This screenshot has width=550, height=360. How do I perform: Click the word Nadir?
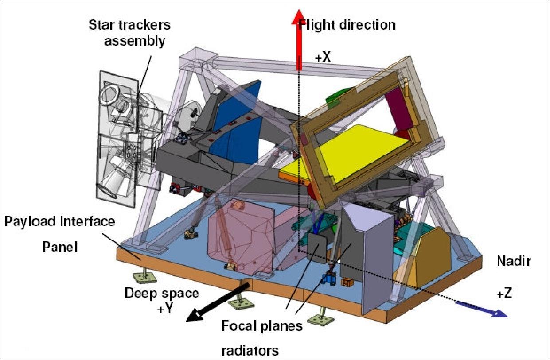click(513, 262)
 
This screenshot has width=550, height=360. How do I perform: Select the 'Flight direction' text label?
click(347, 24)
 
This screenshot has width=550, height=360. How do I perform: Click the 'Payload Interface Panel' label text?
click(59, 233)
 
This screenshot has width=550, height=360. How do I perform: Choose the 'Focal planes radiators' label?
click(262, 338)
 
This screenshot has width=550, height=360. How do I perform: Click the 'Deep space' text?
click(162, 293)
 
